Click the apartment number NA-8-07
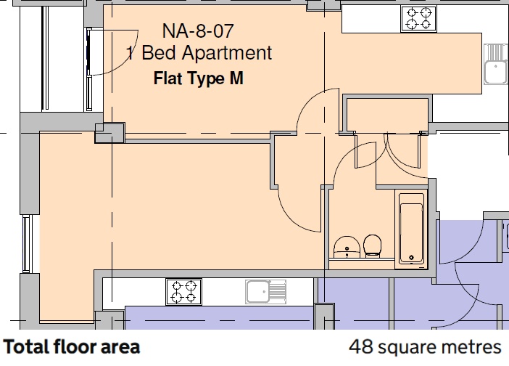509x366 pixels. tap(198, 31)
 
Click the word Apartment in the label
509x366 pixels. tap(226, 53)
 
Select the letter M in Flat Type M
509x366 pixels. tap(236, 78)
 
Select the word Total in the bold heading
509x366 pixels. tap(26, 346)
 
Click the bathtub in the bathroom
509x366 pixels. tap(411, 229)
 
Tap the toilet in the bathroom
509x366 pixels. tap(373, 246)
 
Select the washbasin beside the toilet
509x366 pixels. tap(347, 247)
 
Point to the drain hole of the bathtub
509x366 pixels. tap(411, 258)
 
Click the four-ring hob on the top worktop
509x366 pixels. tap(419, 19)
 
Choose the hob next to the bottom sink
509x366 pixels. tap(183, 292)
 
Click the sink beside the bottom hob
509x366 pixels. tap(266, 291)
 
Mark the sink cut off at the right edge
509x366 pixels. tap(496, 65)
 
